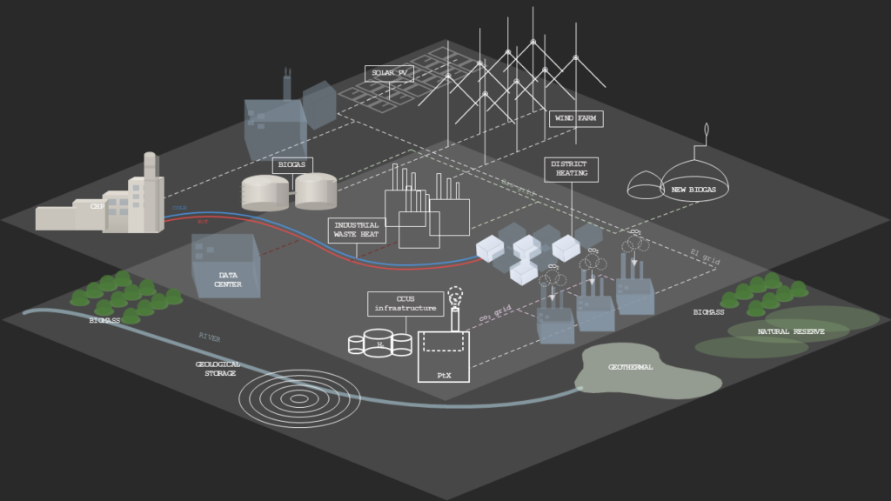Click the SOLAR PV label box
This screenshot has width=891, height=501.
point(389,73)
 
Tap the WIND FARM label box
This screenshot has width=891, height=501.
point(575,118)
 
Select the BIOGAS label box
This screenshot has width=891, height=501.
point(292,164)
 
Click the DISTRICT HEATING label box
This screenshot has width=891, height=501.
point(571,169)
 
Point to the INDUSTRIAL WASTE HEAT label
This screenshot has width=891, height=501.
point(357,230)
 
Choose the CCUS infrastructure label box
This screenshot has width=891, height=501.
point(405,304)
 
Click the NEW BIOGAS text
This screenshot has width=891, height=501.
point(693,190)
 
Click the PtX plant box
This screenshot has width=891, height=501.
point(444,357)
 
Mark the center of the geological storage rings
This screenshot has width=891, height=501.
point(298,397)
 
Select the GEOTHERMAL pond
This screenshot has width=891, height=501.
point(648,372)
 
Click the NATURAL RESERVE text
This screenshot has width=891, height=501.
point(791,331)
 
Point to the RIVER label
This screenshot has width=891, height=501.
point(210,336)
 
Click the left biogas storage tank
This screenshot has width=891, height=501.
point(265,193)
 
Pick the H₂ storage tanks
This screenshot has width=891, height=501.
point(380,342)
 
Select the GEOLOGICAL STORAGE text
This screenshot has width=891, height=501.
point(218,369)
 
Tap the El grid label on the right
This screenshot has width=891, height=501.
point(706,257)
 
